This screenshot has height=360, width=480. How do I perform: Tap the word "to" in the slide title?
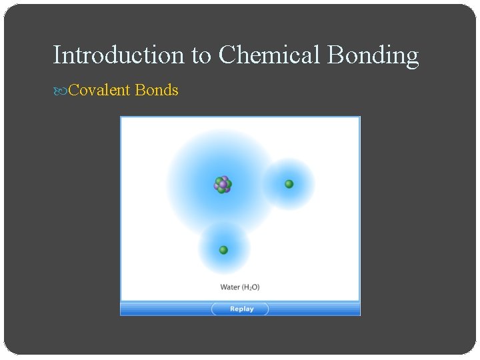pyautogui.click(x=201, y=55)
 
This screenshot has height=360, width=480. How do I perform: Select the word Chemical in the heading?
pyautogui.click(x=270, y=55)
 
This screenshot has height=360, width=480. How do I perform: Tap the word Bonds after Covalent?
pyautogui.click(x=157, y=90)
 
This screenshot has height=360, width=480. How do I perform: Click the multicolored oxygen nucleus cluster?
pyautogui.click(x=223, y=185)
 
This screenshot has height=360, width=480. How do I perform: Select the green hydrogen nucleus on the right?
pyautogui.click(x=289, y=184)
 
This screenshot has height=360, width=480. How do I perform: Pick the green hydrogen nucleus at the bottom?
pyautogui.click(x=223, y=250)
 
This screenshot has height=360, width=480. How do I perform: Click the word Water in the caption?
pyautogui.click(x=230, y=287)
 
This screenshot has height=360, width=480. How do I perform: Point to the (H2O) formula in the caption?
pyautogui.click(x=251, y=287)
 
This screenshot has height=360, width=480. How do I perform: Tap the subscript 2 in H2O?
pyautogui.click(x=251, y=289)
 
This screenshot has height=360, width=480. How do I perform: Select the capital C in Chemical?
pyautogui.click(x=227, y=55)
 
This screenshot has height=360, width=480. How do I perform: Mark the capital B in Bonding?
pyautogui.click(x=335, y=55)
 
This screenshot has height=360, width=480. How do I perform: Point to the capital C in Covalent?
pyautogui.click(x=73, y=90)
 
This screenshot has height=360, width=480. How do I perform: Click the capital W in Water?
pyautogui.click(x=223, y=287)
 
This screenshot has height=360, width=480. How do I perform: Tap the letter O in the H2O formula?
pyautogui.click(x=255, y=287)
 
